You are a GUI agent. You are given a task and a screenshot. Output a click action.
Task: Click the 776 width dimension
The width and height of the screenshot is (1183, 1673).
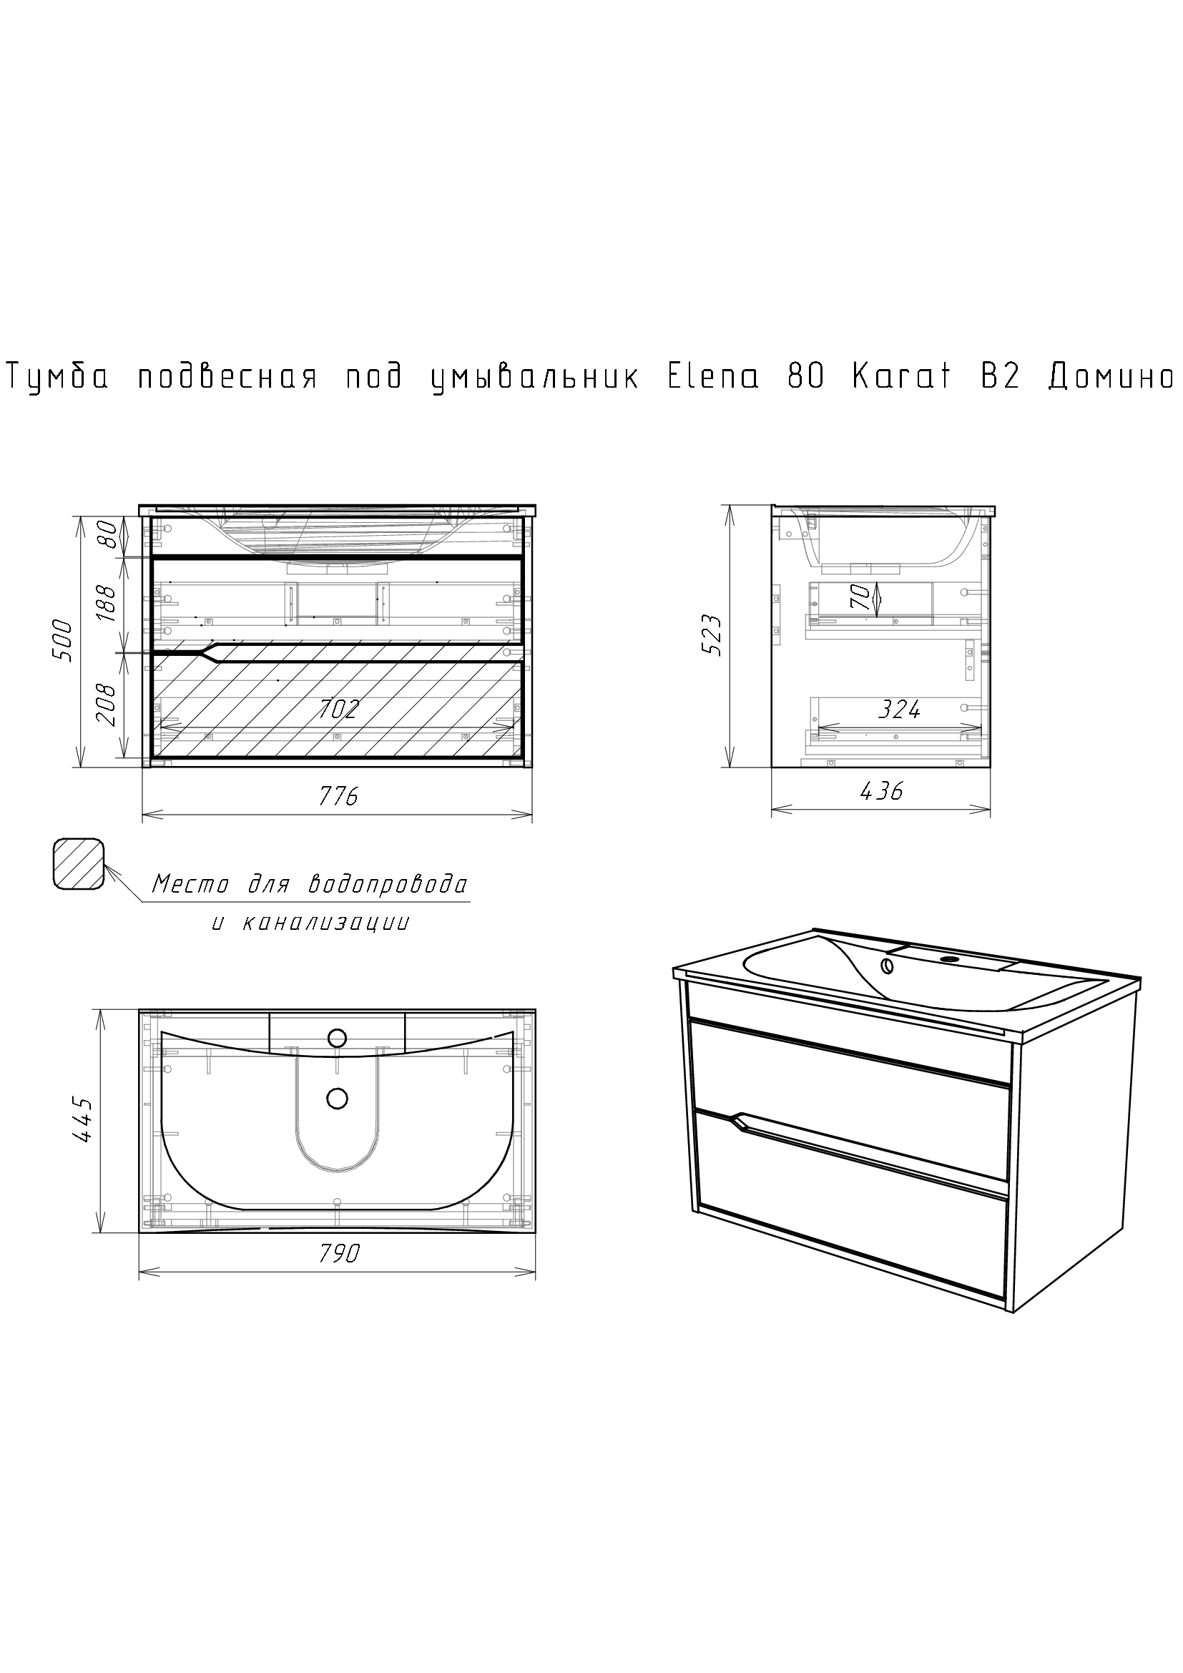coord(339,796)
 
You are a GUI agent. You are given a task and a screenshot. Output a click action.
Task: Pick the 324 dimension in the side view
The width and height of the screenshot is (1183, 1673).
coord(899,708)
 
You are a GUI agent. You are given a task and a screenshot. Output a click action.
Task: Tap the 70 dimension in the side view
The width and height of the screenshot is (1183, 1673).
coord(860,597)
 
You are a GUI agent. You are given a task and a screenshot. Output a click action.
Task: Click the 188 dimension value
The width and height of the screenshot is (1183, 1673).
coord(107,602)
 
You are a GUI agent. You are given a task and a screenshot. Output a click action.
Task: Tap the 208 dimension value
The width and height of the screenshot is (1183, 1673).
coord(107,705)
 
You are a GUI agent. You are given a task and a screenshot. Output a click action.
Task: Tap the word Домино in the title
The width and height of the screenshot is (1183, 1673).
coord(1111,378)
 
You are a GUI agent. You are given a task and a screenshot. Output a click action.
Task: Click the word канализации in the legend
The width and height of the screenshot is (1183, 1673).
coord(325,923)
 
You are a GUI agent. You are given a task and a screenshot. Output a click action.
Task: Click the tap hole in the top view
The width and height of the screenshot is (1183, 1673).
coord(338,1038)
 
